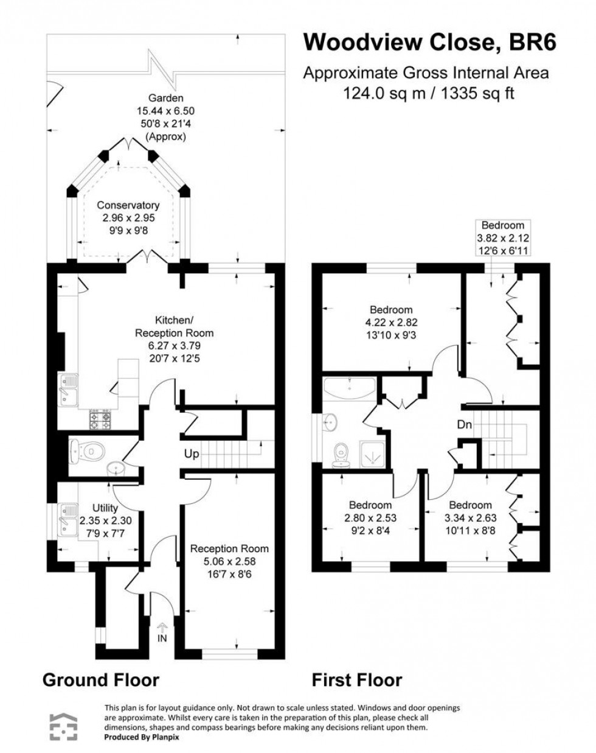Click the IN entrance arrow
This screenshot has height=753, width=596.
(x=162, y=632)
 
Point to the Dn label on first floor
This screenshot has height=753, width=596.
(x=464, y=425)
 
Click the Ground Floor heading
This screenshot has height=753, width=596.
(x=100, y=679)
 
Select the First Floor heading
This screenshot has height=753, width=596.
(x=357, y=679)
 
